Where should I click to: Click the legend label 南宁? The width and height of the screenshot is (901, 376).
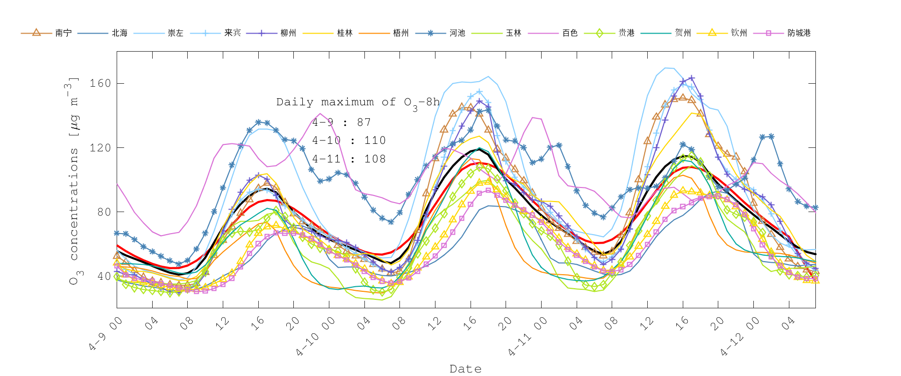coord(64,33)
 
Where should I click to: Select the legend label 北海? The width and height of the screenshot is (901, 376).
coord(120,33)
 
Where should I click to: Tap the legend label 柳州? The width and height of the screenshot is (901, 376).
coord(288,33)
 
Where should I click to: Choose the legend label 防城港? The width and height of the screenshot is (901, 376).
coord(799,33)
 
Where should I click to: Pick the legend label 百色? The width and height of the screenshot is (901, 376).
coord(570,33)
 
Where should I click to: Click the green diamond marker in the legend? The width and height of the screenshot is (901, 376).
coord(599,33)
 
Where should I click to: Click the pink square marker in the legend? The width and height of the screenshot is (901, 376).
coord(768,33)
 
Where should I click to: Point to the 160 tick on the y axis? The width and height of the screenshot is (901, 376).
coord(100,83)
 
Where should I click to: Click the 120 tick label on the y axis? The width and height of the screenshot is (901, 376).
coord(100,148)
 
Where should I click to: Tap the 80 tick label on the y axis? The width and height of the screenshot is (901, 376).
coord(103,212)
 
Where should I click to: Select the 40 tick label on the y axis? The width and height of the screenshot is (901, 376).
coord(103,276)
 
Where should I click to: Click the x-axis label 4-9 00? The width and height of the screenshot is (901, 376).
coord(106,334)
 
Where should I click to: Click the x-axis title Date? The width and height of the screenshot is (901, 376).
coord(466,369)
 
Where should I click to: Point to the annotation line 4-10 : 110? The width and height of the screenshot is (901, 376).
coord(349,141)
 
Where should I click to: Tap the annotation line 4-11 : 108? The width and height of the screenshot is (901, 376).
coord(349,159)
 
